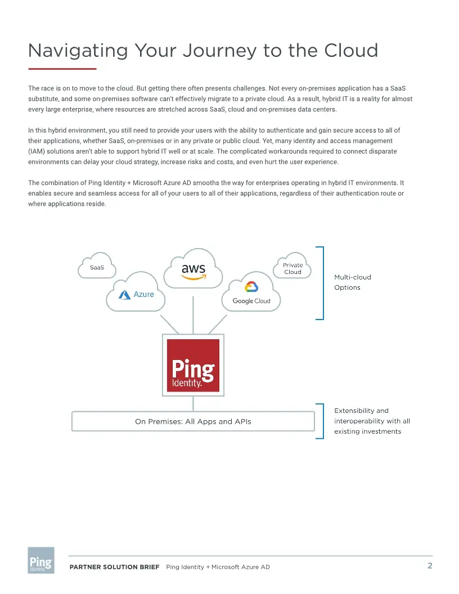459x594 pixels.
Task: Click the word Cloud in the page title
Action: [x=351, y=51]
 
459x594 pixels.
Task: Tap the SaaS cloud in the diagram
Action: [x=97, y=267]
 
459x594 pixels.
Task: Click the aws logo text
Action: [x=193, y=269]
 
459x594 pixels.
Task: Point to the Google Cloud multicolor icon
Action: [x=251, y=287]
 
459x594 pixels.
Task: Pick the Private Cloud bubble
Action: [x=292, y=268]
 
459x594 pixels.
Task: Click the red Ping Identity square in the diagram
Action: [x=193, y=365]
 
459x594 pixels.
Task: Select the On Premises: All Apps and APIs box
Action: [x=193, y=421]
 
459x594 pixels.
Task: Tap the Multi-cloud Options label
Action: [x=352, y=282]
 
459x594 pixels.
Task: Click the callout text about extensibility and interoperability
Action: [x=372, y=421]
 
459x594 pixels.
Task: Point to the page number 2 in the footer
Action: [x=430, y=565]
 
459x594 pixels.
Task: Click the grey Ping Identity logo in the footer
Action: [x=41, y=560]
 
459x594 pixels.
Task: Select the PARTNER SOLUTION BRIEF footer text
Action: [x=114, y=567]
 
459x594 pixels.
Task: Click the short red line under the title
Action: [x=62, y=69]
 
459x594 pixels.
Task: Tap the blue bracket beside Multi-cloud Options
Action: [x=321, y=283]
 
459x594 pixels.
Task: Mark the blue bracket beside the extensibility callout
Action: [x=321, y=421]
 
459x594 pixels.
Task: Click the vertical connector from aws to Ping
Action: [x=193, y=312]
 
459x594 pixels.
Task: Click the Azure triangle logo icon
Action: [x=124, y=295]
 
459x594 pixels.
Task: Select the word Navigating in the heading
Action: [x=78, y=51]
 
